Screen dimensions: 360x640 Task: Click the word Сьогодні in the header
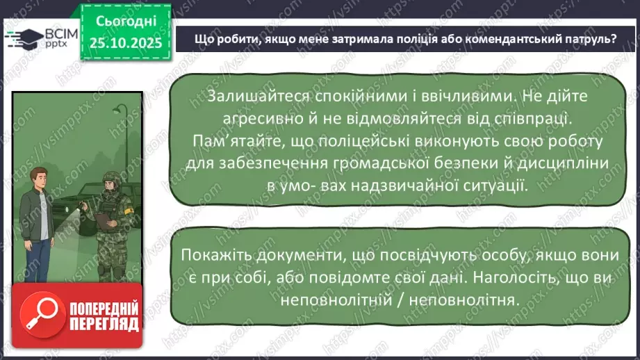(x=126, y=22)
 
